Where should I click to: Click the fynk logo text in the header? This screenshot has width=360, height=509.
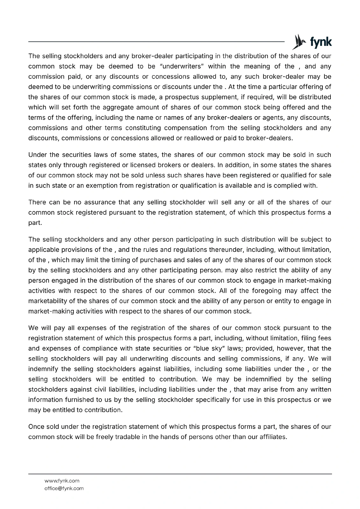tap(321, 42)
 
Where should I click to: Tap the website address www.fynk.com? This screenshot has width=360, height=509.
tap(62, 481)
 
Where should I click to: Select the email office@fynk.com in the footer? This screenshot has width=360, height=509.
tap(64, 488)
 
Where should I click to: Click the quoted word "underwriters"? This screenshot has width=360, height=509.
tap(181, 66)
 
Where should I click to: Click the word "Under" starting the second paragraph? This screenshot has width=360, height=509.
tap(37, 155)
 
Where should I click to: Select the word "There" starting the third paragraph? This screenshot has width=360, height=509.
tap(37, 202)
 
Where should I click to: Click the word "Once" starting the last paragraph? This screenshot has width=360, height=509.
tap(36, 427)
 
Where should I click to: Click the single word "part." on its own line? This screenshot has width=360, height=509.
tap(35, 223)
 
